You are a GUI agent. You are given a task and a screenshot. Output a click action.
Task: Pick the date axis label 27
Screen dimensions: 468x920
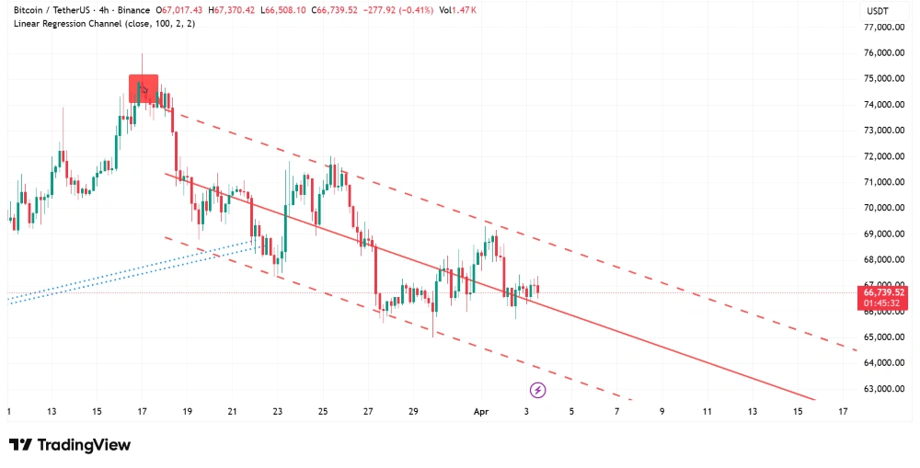click(x=369, y=412)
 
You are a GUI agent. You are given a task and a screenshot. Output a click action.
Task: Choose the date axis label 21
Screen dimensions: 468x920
click(x=233, y=412)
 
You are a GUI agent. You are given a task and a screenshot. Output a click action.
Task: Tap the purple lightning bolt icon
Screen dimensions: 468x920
click(x=538, y=391)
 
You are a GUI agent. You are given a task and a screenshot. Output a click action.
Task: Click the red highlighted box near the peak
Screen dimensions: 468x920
click(x=144, y=89)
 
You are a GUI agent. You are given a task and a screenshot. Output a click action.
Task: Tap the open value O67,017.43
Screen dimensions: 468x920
click(x=180, y=9)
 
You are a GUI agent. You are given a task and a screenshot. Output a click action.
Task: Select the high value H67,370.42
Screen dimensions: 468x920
click(x=232, y=9)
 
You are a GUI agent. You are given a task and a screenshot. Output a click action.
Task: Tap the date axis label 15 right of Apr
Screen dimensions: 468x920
click(x=797, y=412)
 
